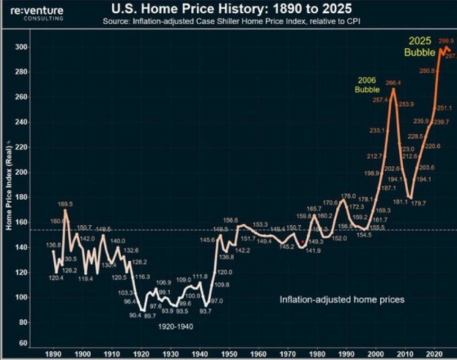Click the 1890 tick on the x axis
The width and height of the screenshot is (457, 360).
click(x=53, y=352)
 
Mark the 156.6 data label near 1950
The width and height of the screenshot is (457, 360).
click(x=231, y=220)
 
